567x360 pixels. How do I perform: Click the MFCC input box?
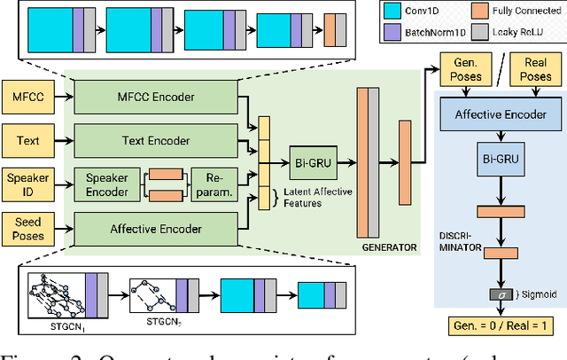(x=30, y=96)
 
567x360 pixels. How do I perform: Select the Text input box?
(x=30, y=139)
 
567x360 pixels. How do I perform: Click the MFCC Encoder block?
(x=157, y=96)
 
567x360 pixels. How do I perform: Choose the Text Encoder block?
(x=157, y=139)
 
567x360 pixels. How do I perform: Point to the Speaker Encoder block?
(x=106, y=184)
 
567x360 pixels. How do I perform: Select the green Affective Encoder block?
(x=157, y=228)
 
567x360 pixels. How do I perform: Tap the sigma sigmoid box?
(x=501, y=294)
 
